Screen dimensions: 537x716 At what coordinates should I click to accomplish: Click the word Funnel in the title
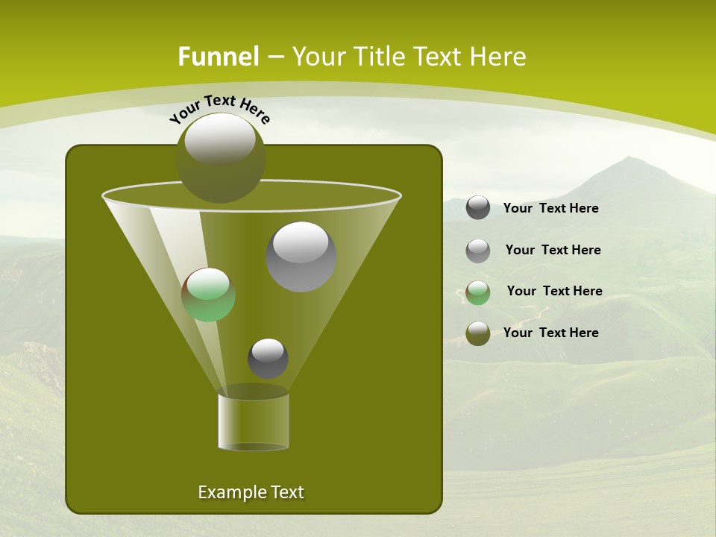pyautogui.click(x=218, y=57)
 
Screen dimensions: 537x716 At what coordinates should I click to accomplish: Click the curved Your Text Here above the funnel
pyautogui.click(x=220, y=109)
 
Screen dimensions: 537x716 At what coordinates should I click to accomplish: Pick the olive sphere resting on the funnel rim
pyautogui.click(x=221, y=157)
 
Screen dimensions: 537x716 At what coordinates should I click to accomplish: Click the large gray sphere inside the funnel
pyautogui.click(x=301, y=257)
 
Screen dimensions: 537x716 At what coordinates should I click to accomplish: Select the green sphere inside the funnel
pyautogui.click(x=208, y=295)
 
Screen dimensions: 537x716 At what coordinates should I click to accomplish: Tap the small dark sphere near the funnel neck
pyautogui.click(x=268, y=358)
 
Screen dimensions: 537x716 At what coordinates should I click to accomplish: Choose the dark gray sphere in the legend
pyautogui.click(x=478, y=208)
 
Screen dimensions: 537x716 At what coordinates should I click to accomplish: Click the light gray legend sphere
pyautogui.click(x=478, y=251)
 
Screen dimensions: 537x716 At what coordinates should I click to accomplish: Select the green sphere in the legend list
pyautogui.click(x=478, y=292)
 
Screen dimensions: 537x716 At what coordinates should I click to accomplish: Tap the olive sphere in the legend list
pyautogui.click(x=478, y=333)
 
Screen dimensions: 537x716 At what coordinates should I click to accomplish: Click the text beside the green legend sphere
pyautogui.click(x=554, y=291)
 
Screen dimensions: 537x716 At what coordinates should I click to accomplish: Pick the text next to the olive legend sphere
pyautogui.click(x=550, y=333)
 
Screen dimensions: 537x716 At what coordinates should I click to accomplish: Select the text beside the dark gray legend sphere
pyautogui.click(x=550, y=208)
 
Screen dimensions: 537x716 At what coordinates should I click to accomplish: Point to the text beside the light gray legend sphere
pyautogui.click(x=553, y=250)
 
